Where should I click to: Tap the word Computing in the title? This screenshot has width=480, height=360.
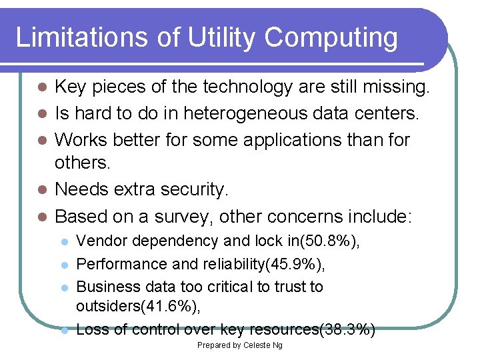(331, 38)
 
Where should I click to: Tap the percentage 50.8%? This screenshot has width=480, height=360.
(335, 241)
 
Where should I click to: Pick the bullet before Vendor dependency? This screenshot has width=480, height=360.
(63, 241)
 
